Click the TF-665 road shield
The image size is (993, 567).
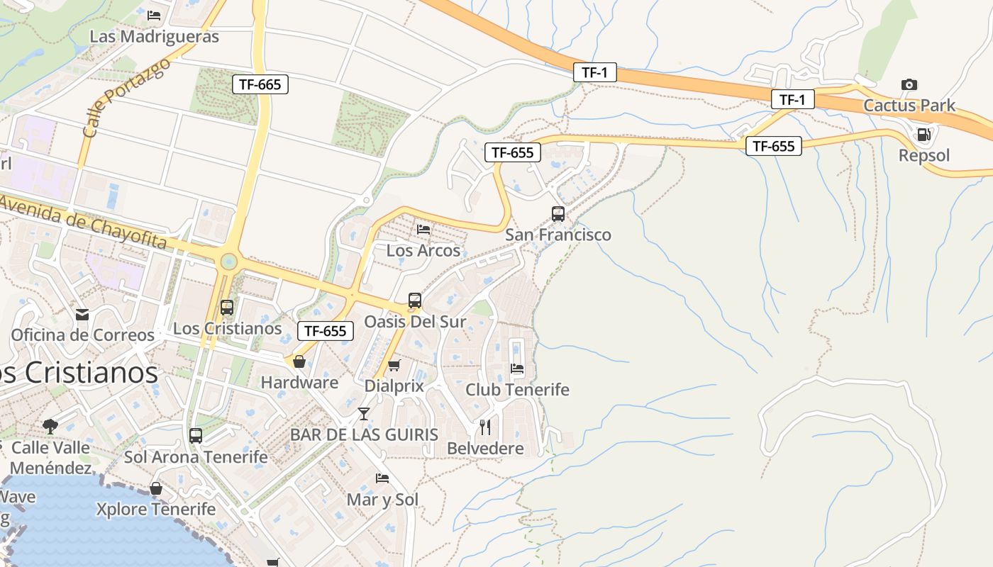tap(260, 84)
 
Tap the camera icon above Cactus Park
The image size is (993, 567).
tap(909, 84)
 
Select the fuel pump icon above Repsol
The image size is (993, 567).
tap(923, 134)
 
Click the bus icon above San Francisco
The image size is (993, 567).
tap(558, 213)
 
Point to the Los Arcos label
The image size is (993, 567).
tap(423, 250)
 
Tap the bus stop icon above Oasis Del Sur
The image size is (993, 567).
tap(415, 301)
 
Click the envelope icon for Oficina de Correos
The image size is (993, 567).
tap(82, 314)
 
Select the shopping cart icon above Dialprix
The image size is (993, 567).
tap(394, 365)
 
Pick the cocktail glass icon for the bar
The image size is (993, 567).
tap(364, 413)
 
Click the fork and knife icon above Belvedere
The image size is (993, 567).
tap(485, 427)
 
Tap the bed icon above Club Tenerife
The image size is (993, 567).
tap(517, 369)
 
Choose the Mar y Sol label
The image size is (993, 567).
tap(382, 500)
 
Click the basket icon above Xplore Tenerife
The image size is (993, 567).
tap(156, 488)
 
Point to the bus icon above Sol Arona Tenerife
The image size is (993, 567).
tap(196, 436)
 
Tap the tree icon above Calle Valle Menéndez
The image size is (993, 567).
tap(50, 426)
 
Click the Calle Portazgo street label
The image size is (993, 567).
tap(127, 98)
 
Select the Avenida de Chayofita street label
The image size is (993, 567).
tap(84, 222)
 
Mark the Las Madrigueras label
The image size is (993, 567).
tap(154, 36)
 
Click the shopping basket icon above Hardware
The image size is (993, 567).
tap(299, 361)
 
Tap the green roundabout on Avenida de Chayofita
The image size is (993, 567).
tap(228, 262)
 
